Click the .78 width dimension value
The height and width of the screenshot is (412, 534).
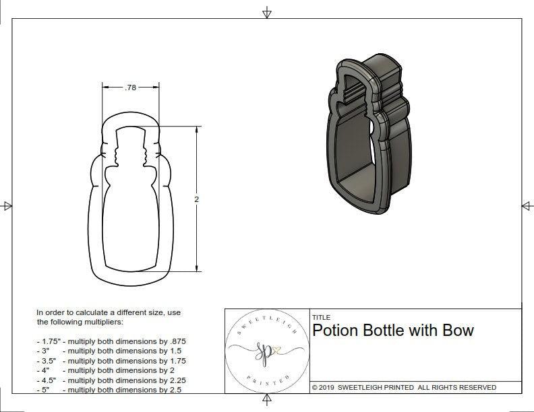tap(131, 87)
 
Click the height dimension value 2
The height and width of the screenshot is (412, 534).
tap(196, 199)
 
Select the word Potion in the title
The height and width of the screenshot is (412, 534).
tap(334, 331)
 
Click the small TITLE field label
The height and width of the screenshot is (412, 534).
tap(320, 317)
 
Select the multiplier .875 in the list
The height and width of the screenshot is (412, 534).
tap(176, 341)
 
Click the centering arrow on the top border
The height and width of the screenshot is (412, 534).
tap(267, 12)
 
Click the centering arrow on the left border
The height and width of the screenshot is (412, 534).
tap(7, 206)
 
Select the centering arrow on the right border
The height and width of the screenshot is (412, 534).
tap(527, 206)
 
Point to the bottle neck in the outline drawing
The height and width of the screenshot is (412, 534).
tap(131, 151)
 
